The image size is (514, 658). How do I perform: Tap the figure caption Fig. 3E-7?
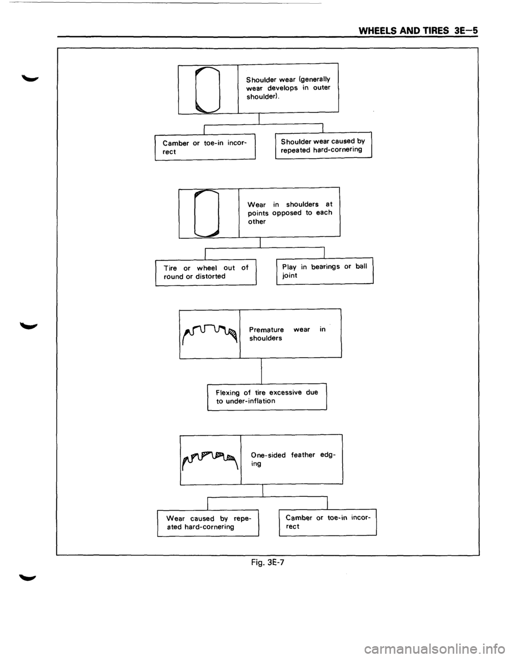pyautogui.click(x=268, y=562)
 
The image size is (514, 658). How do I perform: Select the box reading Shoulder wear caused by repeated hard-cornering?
pyautogui.click(x=323, y=145)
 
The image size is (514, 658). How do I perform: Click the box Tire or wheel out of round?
pyautogui.click(x=206, y=272)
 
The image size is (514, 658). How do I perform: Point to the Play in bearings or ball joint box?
pyautogui.click(x=325, y=271)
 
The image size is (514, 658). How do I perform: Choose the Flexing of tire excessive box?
pyautogui.click(x=267, y=397)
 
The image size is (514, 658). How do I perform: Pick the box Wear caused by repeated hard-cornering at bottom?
pyautogui.click(x=208, y=523)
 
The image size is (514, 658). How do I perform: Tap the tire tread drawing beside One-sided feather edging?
pyautogui.click(x=210, y=460)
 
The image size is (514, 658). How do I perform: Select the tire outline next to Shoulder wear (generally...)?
pyautogui.click(x=208, y=89)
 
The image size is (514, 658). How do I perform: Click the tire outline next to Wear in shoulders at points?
pyautogui.click(x=207, y=214)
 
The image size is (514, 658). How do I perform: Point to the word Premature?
pyautogui.click(x=267, y=329)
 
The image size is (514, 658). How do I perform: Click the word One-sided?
pyautogui.click(x=268, y=455)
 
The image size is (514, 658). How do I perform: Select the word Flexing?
pyautogui.click(x=228, y=393)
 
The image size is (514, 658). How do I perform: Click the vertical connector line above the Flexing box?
pyautogui.click(x=261, y=370)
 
